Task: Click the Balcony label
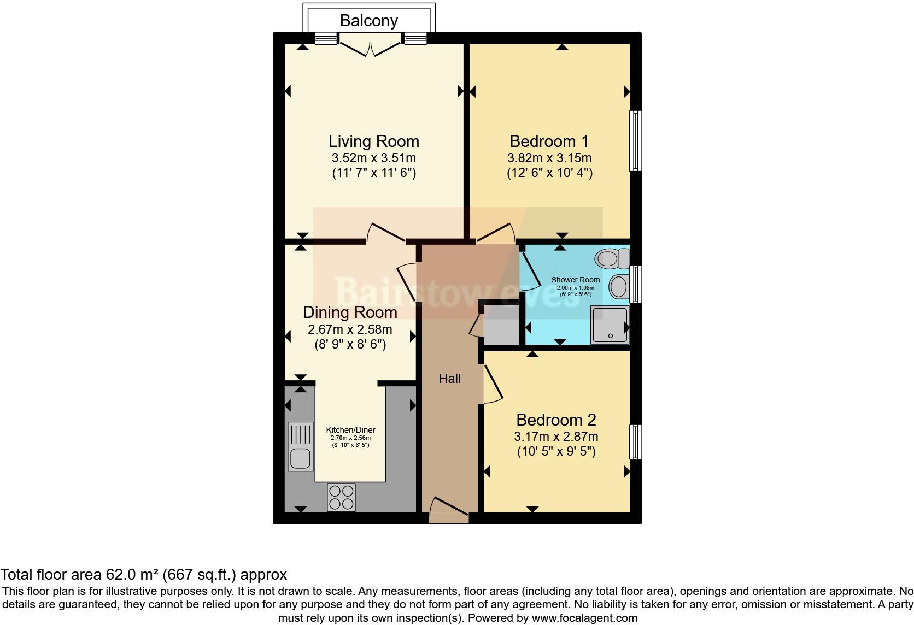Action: [x=368, y=21]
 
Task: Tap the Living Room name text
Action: [x=373, y=141]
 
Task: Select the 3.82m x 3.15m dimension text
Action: [x=549, y=158]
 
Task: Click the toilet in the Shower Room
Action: [x=612, y=258]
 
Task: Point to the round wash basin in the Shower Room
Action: [x=619, y=287]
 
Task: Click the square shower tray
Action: [x=610, y=325]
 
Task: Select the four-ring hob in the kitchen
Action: [x=341, y=497]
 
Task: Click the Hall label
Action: [x=449, y=379]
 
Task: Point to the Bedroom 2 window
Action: [x=635, y=441]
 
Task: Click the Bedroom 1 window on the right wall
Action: [x=635, y=141]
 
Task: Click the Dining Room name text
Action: [x=350, y=312]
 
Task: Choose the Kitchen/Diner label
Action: [x=350, y=430]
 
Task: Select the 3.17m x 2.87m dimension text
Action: [x=556, y=437]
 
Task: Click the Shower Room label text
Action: [x=575, y=280]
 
